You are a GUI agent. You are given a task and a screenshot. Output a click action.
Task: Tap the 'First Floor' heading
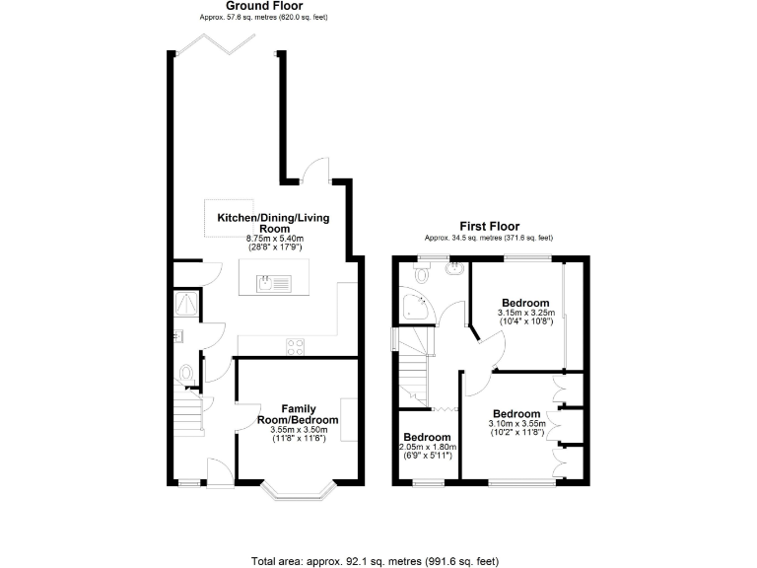[x=489, y=226]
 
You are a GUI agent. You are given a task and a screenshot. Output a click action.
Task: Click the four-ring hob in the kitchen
[x=295, y=345]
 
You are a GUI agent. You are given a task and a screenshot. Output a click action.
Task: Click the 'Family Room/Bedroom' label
[x=297, y=414]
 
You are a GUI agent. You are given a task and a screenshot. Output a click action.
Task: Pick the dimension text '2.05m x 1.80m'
[x=427, y=448]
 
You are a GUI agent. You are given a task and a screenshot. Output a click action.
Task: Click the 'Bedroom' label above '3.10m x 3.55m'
[x=516, y=414]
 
